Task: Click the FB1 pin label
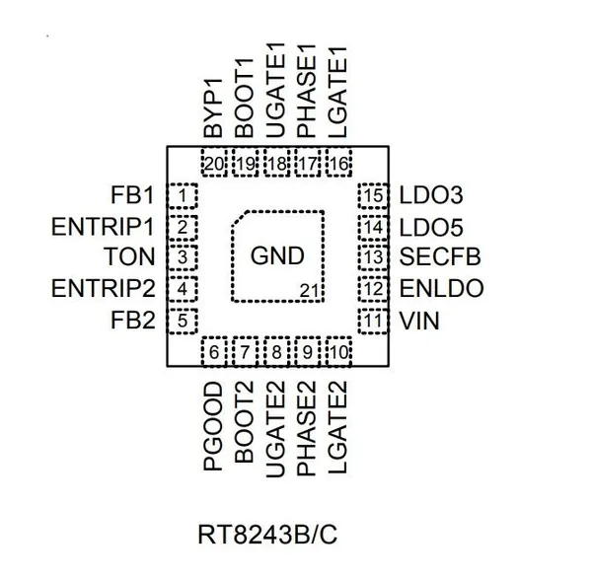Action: [132, 195]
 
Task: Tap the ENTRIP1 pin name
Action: [103, 227]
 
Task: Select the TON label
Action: [129, 256]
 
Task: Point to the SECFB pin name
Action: [440, 256]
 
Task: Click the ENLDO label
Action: [441, 288]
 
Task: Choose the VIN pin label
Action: [419, 321]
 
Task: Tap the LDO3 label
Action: [431, 195]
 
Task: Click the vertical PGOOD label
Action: [213, 426]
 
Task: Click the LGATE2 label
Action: [337, 427]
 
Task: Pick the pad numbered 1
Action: [183, 195]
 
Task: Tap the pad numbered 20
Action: [214, 163]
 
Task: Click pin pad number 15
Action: [373, 195]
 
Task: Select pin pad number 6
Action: [214, 352]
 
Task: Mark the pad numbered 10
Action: [338, 352]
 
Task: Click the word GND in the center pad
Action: [277, 256]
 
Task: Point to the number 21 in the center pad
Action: [310, 291]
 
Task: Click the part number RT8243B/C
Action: [267, 535]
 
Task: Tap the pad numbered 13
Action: [373, 257]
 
